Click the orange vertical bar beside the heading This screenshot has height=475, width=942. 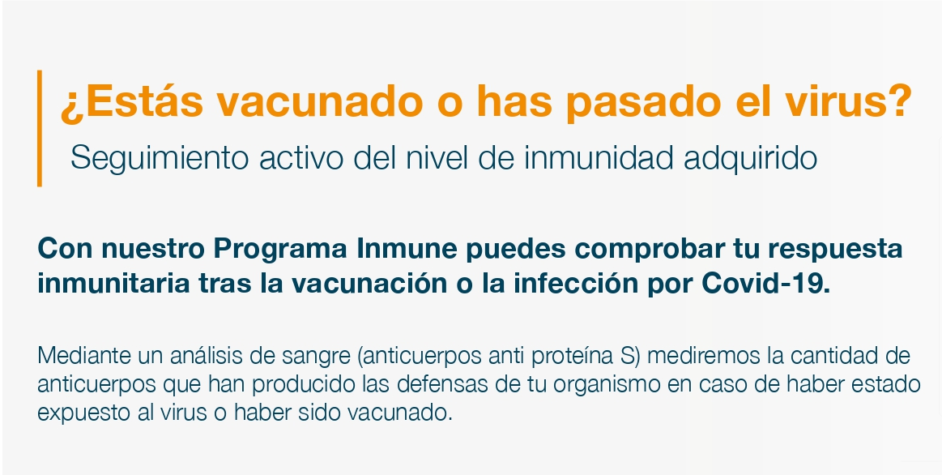point(40,128)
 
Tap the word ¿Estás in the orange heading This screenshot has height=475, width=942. point(131,101)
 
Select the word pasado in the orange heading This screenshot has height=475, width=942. point(643,102)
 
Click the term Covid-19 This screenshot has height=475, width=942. point(766,283)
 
